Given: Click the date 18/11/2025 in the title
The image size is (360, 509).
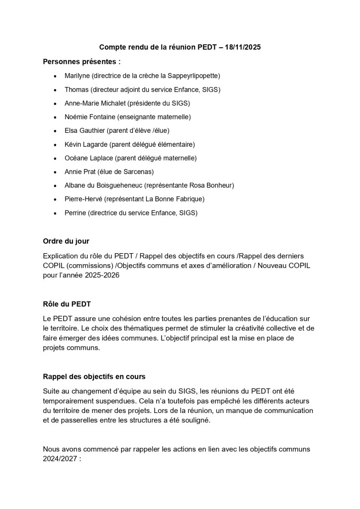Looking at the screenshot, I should click(243, 47).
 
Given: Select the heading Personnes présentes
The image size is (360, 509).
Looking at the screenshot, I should click(82, 62).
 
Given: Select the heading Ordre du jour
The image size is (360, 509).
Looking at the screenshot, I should click(66, 241).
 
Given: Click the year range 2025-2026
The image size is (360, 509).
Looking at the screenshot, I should click(95, 275).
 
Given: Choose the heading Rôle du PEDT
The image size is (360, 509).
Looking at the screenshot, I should click(67, 304).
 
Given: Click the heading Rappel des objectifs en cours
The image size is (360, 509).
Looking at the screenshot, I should click(94, 377).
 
